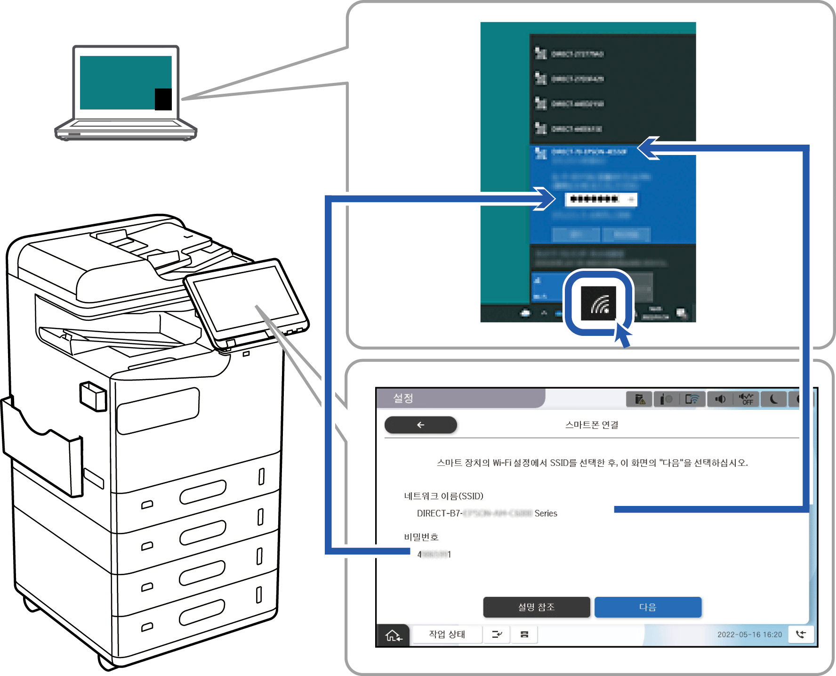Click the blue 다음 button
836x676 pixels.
648,607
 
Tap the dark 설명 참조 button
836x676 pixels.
536,607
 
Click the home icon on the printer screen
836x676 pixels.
393,635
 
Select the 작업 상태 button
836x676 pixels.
447,635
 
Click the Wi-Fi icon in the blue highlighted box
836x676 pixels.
599,303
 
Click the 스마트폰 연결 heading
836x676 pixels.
592,425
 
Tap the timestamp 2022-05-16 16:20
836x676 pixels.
749,635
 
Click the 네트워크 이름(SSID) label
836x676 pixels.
443,496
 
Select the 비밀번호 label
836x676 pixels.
421,537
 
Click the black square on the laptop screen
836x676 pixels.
163,99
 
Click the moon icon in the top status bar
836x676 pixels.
773,399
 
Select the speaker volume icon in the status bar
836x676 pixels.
720,399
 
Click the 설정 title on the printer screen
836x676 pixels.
403,399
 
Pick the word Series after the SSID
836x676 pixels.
546,513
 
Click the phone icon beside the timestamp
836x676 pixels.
801,634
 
